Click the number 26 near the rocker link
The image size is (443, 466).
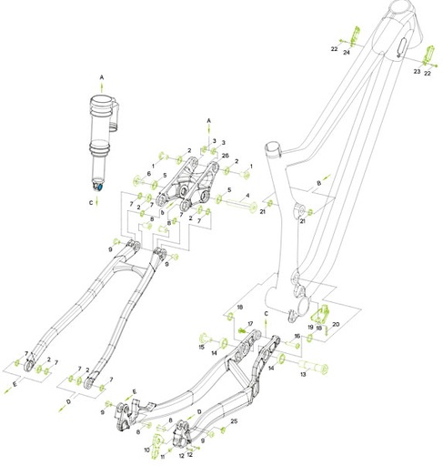coord(224,156)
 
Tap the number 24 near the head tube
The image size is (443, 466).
coord(347,53)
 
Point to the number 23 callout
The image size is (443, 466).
coord(416,70)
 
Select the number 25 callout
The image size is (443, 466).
coord(235,421)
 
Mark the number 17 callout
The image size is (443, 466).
coord(250,323)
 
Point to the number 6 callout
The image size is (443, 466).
coord(149,173)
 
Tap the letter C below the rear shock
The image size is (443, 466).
coord(90,203)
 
